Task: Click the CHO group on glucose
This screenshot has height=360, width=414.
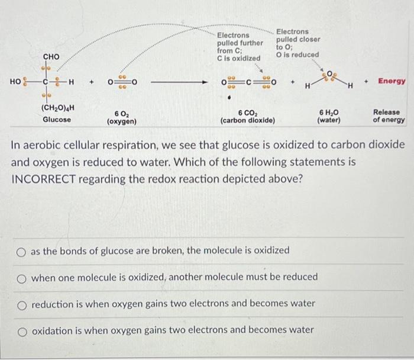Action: [51, 57]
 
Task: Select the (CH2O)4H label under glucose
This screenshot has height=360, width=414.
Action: [57, 108]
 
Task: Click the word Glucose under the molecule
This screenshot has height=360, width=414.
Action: [57, 119]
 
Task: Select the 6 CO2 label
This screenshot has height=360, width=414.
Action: [247, 112]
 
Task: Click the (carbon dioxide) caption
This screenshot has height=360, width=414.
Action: [247, 121]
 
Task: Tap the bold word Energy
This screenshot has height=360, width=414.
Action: [392, 81]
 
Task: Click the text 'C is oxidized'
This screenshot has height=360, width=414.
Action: [239, 59]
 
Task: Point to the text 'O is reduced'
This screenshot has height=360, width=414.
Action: [297, 54]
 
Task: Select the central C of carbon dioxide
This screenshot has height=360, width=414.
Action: [250, 82]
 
